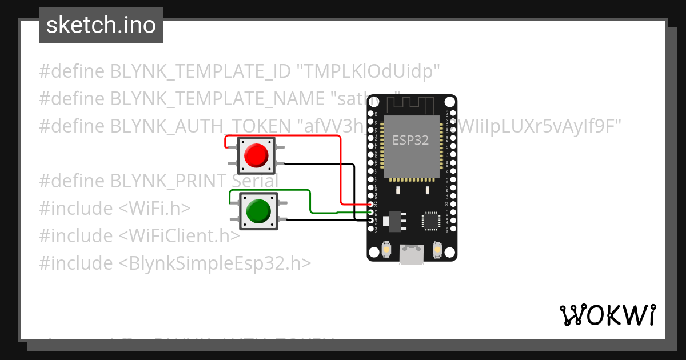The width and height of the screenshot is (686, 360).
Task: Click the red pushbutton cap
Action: pyautogui.click(x=256, y=155)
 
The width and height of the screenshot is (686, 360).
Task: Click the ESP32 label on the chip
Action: pyautogui.click(x=410, y=140)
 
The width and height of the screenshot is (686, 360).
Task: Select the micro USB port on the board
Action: pyautogui.click(x=412, y=254)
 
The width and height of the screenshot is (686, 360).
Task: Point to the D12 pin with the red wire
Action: pyautogui.click(x=372, y=205)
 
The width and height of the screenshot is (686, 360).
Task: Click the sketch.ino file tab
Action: pyautogui.click(x=101, y=25)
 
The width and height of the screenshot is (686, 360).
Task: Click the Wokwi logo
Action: pyautogui.click(x=607, y=315)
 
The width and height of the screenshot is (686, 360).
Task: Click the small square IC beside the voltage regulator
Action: pyautogui.click(x=430, y=220)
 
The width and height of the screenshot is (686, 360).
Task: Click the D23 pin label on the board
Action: pyautogui.click(x=447, y=113)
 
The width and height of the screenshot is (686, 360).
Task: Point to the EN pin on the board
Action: pyautogui.click(x=376, y=113)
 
